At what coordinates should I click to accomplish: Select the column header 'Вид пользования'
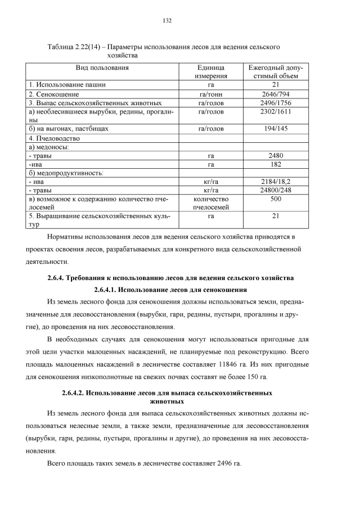[102, 67]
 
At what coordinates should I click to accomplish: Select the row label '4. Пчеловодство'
[55, 138]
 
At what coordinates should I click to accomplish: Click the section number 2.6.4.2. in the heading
[79, 393]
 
